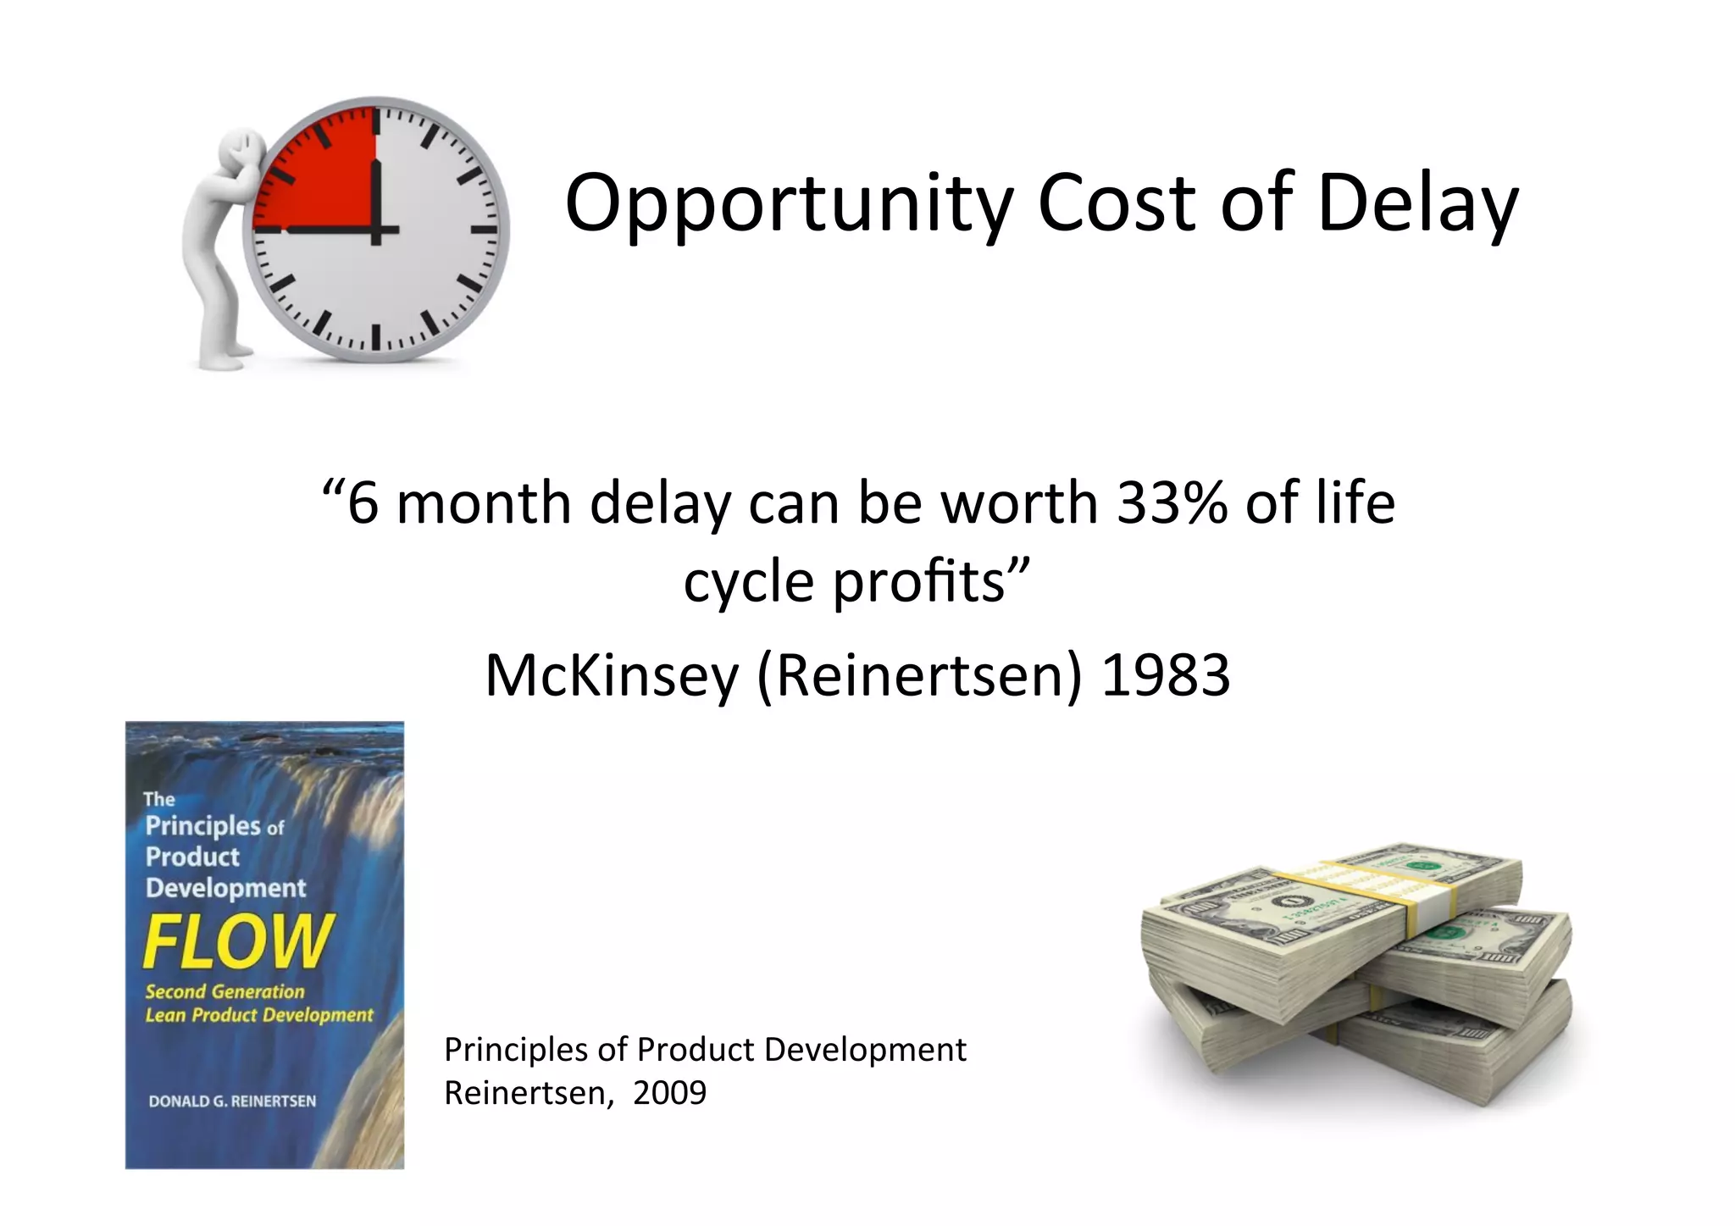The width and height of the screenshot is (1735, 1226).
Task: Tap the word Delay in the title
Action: (1417, 203)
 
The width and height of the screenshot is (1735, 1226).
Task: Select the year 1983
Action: (1166, 676)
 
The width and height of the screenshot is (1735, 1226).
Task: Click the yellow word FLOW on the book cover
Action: (238, 940)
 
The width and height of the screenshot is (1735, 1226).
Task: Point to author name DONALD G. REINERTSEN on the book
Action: (232, 1101)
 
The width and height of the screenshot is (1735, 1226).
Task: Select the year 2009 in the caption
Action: (669, 1093)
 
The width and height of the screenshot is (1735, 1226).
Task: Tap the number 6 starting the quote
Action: (363, 503)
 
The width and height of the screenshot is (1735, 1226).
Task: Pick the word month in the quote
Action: (484, 503)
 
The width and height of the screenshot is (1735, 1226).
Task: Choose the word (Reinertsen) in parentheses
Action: (919, 676)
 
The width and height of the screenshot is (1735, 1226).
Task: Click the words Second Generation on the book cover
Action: (224, 991)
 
